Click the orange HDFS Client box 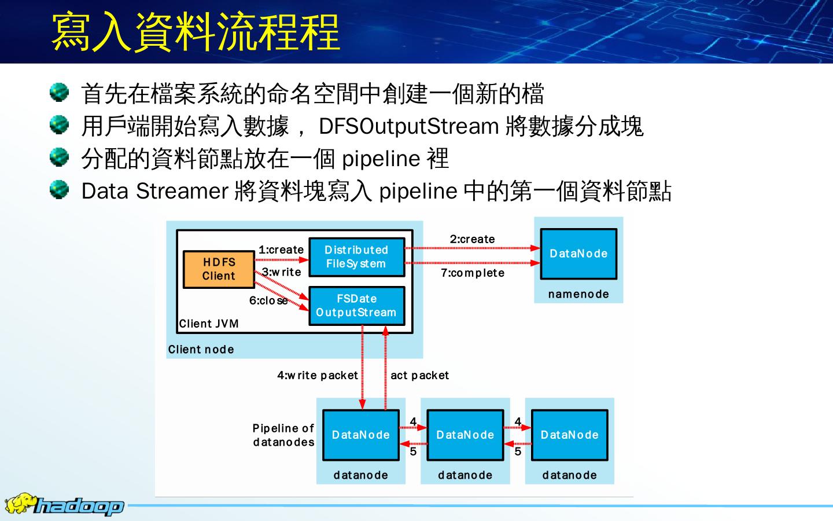pyautogui.click(x=219, y=269)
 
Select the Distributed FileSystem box pyautogui.click(x=356, y=257)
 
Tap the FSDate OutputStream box pyautogui.click(x=356, y=306)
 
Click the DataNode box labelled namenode pyautogui.click(x=578, y=254)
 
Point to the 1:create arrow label pyautogui.click(x=281, y=250)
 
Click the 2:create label pyautogui.click(x=473, y=239)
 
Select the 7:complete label pyautogui.click(x=473, y=273)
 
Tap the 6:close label pyautogui.click(x=268, y=300)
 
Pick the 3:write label pyautogui.click(x=282, y=272)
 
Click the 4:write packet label pyautogui.click(x=318, y=375)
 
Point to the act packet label pyautogui.click(x=419, y=375)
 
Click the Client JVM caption pyautogui.click(x=209, y=324)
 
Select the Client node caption pyautogui.click(x=201, y=349)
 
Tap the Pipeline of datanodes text pyautogui.click(x=283, y=435)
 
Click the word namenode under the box pyautogui.click(x=578, y=294)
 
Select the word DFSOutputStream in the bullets pyautogui.click(x=409, y=126)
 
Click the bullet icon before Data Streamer pyautogui.click(x=59, y=189)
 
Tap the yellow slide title pyautogui.click(x=196, y=31)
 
